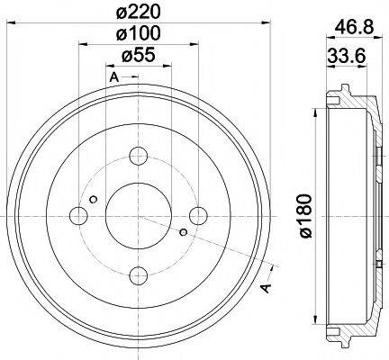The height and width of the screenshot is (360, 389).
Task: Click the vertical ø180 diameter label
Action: click(x=306, y=216)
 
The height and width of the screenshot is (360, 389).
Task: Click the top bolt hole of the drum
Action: click(x=138, y=156)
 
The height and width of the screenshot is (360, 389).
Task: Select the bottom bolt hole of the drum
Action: click(x=138, y=274)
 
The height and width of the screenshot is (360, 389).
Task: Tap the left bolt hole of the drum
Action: click(x=78, y=215)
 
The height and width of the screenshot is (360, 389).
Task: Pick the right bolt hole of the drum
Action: click(x=197, y=215)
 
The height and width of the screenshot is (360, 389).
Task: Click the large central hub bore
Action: click(x=138, y=215)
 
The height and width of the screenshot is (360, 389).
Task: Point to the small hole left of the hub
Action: click(x=94, y=199)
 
